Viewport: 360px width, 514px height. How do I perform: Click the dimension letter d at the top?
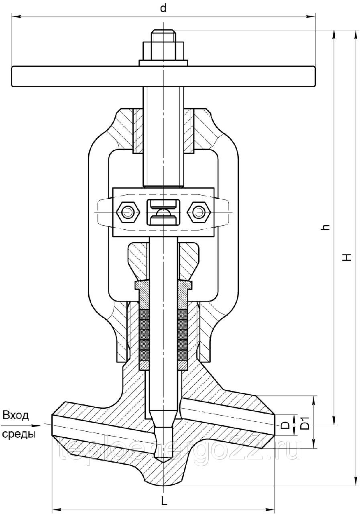tap(163, 8)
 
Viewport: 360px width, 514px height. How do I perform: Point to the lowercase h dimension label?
tap(325, 227)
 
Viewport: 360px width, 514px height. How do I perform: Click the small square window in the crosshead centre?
tap(163, 212)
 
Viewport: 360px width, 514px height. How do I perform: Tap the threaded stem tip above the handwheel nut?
tap(163, 36)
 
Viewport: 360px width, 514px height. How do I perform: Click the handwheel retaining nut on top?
tap(163, 51)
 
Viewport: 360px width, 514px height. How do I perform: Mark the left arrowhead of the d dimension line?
tap(16, 16)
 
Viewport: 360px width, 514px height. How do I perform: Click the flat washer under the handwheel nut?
tap(163, 63)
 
